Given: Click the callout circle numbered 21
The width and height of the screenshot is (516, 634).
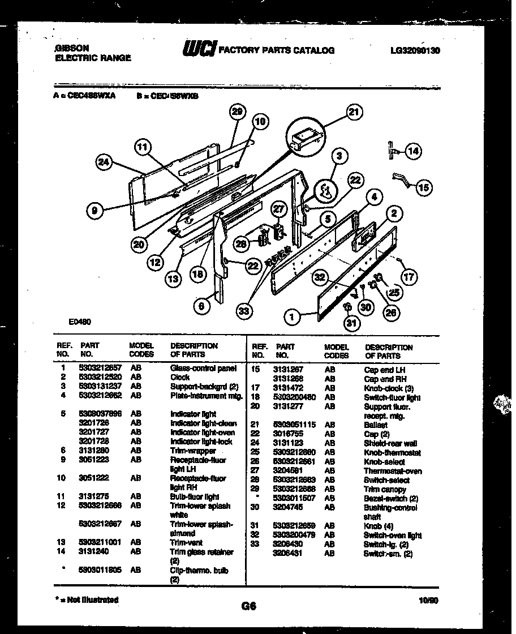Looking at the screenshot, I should (354, 113).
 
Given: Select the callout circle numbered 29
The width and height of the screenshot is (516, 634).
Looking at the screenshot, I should (238, 112).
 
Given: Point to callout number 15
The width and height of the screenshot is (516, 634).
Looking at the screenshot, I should (423, 188).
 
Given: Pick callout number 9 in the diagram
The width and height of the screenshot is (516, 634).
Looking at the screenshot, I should (95, 211).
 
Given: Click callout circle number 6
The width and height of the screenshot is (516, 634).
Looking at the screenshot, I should (201, 306).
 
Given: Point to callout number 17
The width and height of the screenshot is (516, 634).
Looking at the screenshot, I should (409, 277).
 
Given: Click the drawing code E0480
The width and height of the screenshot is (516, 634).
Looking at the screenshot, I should (79, 322).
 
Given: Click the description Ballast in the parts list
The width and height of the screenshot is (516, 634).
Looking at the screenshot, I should (376, 425).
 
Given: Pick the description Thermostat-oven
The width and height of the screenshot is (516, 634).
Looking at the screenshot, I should (392, 471).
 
